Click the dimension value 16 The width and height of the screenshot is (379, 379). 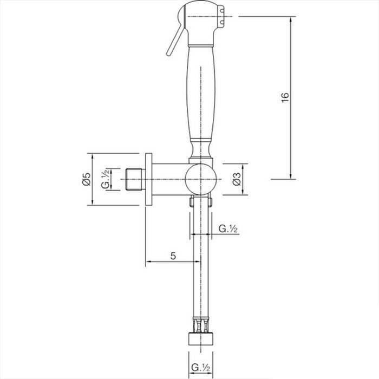(285, 97)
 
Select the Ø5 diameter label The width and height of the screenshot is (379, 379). (87, 179)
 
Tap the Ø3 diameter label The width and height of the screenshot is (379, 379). (237, 179)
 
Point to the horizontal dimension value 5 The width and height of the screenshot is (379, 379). (173, 256)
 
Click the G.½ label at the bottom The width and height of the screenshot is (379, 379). (201, 368)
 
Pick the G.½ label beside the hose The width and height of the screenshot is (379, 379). (228, 228)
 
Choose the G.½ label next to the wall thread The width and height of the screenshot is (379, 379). (106, 179)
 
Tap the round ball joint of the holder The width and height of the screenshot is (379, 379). (200, 179)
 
